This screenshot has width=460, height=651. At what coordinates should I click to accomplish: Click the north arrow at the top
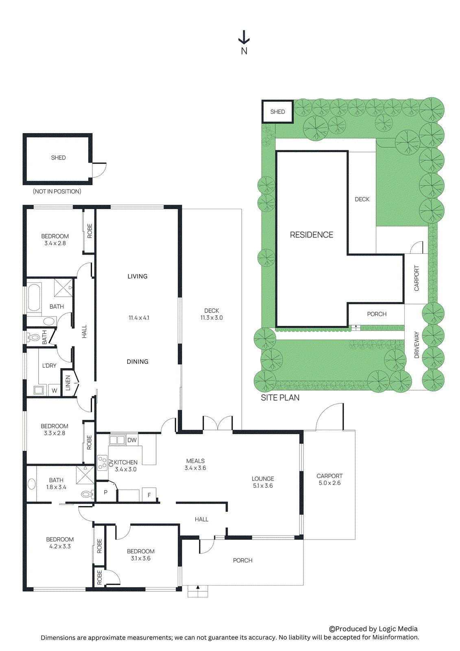point(244,37)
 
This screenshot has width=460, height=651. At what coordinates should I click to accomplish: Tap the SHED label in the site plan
point(277,111)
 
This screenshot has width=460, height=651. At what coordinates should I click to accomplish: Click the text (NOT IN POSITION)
point(57,191)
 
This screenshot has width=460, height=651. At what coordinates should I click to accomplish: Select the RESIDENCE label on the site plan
point(311,235)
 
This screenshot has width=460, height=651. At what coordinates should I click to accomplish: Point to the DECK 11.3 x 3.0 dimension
point(211,318)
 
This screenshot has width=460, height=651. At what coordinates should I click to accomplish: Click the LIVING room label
point(137,276)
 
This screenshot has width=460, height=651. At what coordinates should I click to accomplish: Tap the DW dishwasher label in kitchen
point(132,440)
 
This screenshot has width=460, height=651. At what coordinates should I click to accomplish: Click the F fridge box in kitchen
point(149,495)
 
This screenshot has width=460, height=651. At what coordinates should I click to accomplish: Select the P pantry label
point(106,492)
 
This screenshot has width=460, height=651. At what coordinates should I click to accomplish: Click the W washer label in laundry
point(54,390)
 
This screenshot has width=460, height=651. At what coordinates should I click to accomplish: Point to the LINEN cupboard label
point(68,383)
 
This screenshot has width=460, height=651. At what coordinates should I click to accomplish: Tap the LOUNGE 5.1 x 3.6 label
point(263,482)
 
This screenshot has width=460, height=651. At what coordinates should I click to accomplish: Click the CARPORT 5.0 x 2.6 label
point(329,479)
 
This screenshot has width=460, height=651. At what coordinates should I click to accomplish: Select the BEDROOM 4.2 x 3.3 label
point(60,543)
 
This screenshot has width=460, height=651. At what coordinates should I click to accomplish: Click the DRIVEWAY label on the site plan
point(416,345)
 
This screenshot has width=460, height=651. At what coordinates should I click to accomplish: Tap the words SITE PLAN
point(280,398)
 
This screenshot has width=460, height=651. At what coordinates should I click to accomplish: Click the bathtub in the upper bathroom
point(34,297)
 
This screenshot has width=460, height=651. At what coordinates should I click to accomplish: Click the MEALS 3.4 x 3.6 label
point(195,464)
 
